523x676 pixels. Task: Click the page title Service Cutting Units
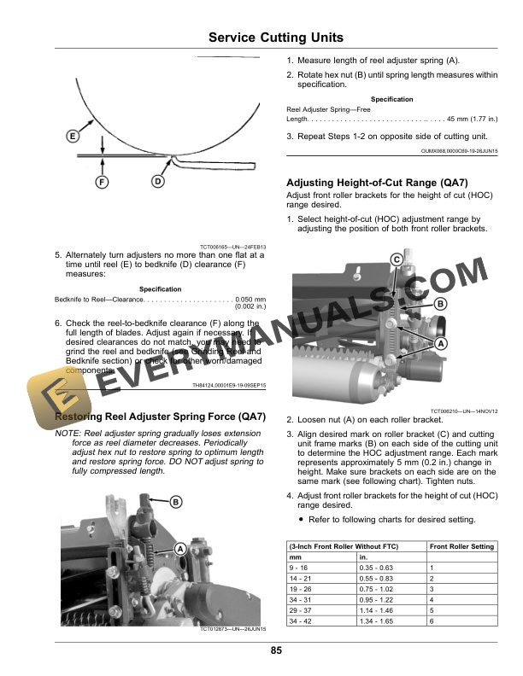(x=275, y=38)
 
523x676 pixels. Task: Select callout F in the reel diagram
(x=102, y=182)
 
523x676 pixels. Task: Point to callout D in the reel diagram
(x=158, y=182)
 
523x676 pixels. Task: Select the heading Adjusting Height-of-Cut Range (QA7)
(x=377, y=183)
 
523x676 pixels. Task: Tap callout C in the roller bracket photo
(x=397, y=259)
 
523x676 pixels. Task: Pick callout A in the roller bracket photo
(x=441, y=342)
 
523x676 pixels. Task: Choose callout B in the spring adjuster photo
(x=175, y=501)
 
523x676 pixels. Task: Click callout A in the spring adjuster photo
(x=181, y=548)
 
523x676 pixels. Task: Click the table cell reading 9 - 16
(x=302, y=568)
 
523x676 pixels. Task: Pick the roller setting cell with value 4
(x=432, y=599)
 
